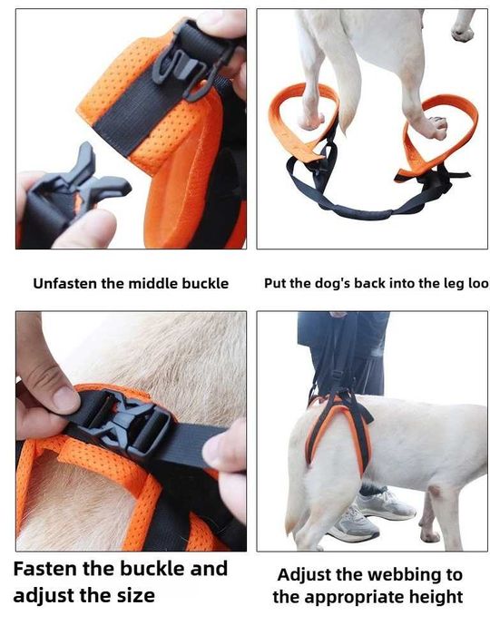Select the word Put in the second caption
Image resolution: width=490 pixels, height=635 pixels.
coord(276,284)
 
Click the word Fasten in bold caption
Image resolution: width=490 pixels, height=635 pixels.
coord(49,570)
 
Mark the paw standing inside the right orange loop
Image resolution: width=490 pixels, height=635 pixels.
coord(435,127)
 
